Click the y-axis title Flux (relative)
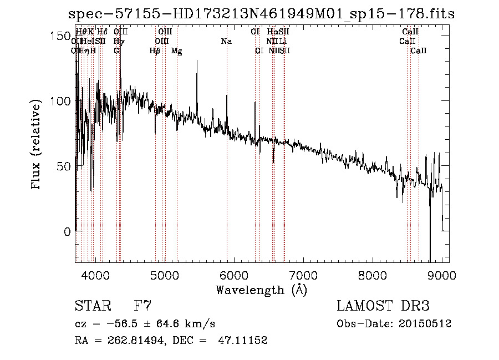37,145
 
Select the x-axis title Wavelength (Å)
261,290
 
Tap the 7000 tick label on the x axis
303,275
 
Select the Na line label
226,41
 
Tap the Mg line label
176,51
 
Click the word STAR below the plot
92,306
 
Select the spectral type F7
143,306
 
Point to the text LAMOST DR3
383,306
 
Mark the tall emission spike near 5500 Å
197,67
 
